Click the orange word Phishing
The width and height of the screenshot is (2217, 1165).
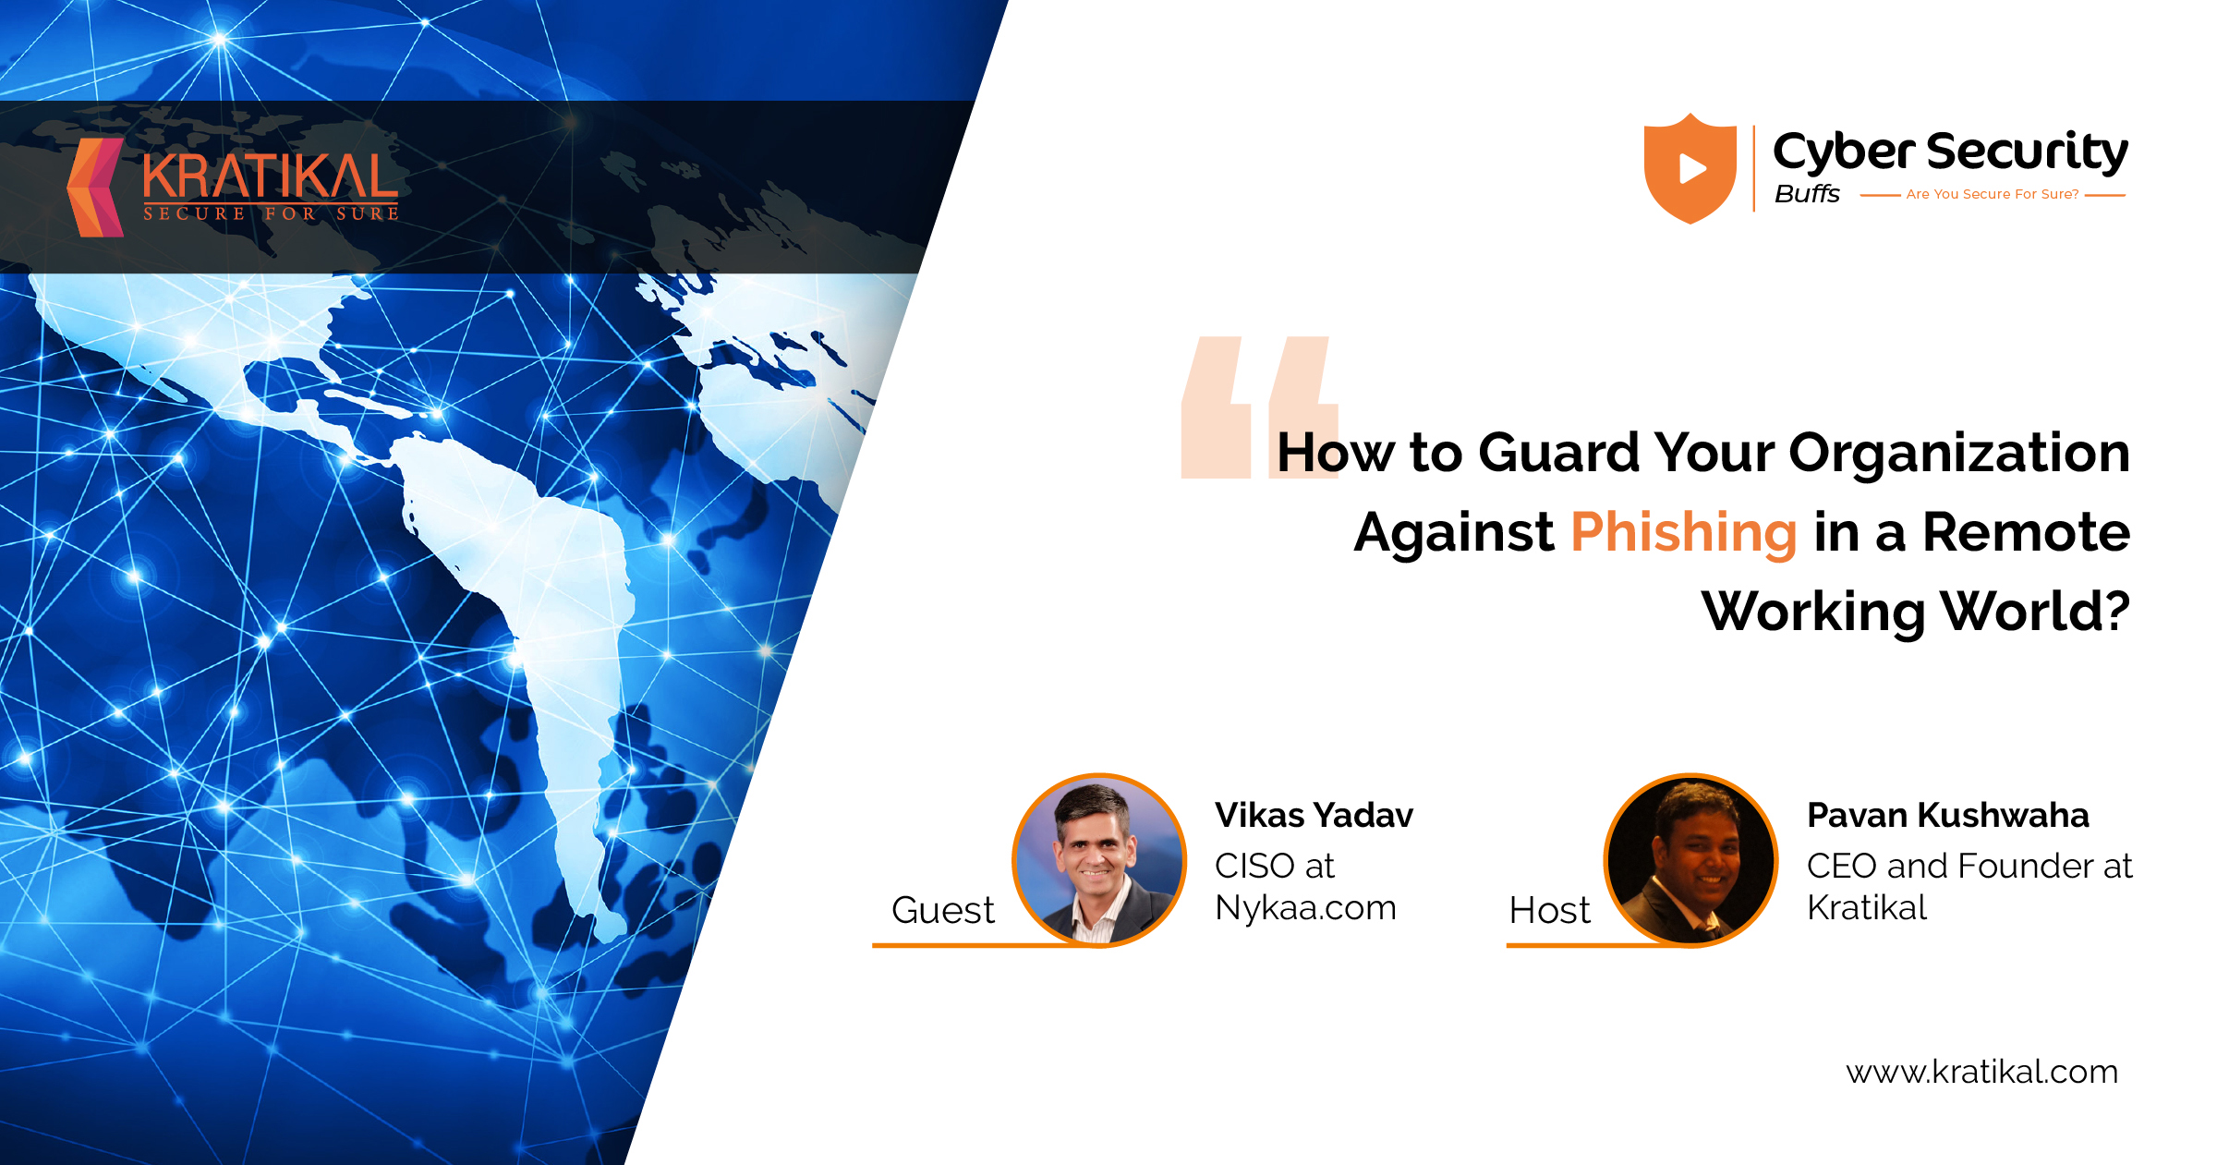point(1683,534)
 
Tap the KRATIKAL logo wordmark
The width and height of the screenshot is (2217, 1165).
point(271,176)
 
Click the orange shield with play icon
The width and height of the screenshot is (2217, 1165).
point(1690,168)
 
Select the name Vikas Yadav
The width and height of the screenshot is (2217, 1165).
point(1314,815)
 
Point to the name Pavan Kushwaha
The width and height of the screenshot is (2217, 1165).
point(1947,815)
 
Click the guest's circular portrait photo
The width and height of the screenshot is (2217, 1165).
point(1099,860)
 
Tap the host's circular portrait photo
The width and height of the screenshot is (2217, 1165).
point(1691,860)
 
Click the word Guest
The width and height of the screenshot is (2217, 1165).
point(943,910)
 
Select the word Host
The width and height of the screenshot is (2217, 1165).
point(1549,910)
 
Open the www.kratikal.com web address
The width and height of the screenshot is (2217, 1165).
point(1981,1072)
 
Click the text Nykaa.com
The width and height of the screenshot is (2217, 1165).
point(1305,908)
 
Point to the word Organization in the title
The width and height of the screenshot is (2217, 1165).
point(1959,455)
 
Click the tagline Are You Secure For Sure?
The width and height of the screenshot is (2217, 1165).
point(1993,194)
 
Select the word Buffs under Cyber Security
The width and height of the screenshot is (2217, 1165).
point(1807,194)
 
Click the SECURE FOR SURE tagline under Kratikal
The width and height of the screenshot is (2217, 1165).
point(271,213)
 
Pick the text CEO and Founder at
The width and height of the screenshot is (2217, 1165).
point(1969,866)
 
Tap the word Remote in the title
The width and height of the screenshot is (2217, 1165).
point(2026,532)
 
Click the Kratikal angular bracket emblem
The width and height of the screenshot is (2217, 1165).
point(95,188)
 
